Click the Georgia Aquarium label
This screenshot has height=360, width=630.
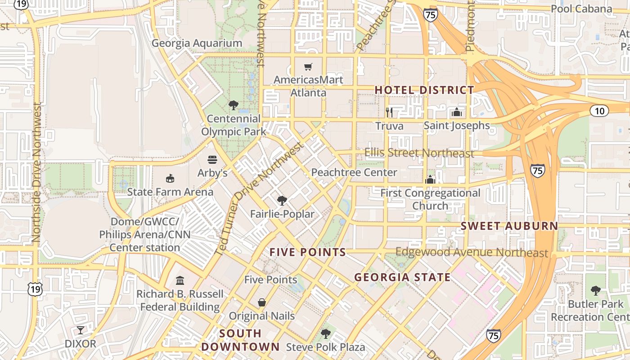click(197, 43)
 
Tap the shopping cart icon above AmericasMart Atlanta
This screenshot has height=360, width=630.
click(308, 67)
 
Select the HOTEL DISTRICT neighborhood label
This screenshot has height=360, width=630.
click(424, 90)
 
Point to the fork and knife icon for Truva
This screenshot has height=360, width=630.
click(389, 112)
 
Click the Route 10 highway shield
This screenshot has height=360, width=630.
click(600, 110)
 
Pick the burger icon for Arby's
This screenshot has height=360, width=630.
click(212, 160)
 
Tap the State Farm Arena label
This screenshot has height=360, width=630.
click(170, 192)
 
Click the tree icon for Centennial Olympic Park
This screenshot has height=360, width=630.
click(233, 105)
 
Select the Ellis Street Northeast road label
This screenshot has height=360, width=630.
click(419, 153)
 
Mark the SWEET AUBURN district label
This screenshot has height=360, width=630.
click(509, 226)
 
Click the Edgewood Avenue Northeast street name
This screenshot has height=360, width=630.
click(472, 252)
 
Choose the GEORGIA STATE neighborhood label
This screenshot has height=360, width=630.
click(402, 277)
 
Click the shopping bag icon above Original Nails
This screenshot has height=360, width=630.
click(262, 302)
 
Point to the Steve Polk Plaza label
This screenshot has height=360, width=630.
click(325, 347)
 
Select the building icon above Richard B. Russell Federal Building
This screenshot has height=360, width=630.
click(180, 280)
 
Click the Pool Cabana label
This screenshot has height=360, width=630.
click(581, 9)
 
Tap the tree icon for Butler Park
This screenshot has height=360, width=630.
click(596, 291)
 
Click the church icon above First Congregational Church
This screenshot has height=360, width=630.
click(430, 180)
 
